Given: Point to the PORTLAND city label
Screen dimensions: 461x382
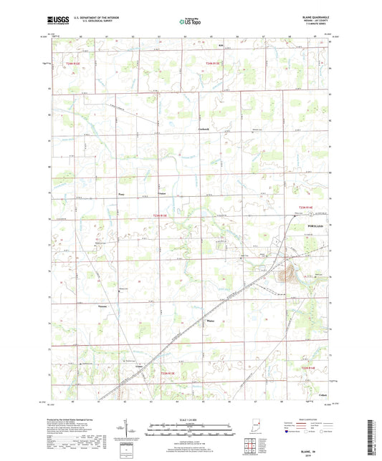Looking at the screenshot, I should [315, 225].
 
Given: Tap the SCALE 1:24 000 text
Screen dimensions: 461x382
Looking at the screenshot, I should [190, 419].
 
